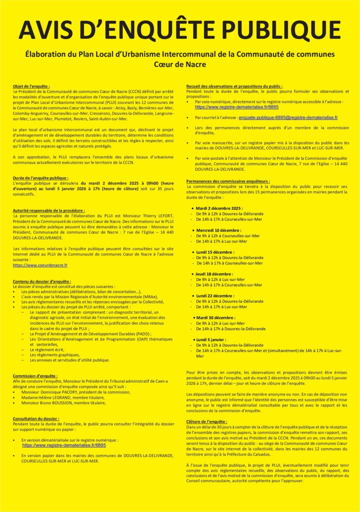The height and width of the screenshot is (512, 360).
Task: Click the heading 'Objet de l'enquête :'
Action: (34, 86)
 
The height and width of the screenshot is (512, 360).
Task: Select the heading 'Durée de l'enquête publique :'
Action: (41, 177)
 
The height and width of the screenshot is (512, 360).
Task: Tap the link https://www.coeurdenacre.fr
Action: (40, 265)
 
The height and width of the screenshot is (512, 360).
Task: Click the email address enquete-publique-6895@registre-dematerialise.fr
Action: (288, 117)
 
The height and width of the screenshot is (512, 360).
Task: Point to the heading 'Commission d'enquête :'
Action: (35, 375)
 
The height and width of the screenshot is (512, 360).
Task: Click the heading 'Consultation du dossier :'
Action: (36, 419)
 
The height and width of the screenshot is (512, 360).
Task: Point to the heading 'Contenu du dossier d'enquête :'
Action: (42, 282)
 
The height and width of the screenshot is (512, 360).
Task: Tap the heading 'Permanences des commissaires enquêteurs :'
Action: (228, 181)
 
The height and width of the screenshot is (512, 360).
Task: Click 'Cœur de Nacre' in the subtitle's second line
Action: (180, 64)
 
